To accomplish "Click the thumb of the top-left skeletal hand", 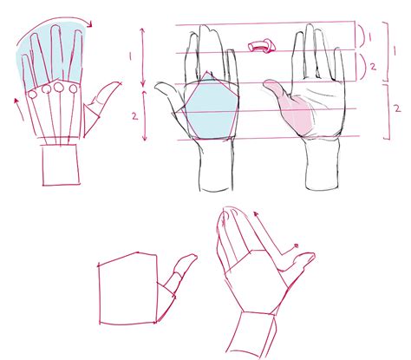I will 104,96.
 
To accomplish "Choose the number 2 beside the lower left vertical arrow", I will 130,114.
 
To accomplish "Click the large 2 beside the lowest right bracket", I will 395,108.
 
